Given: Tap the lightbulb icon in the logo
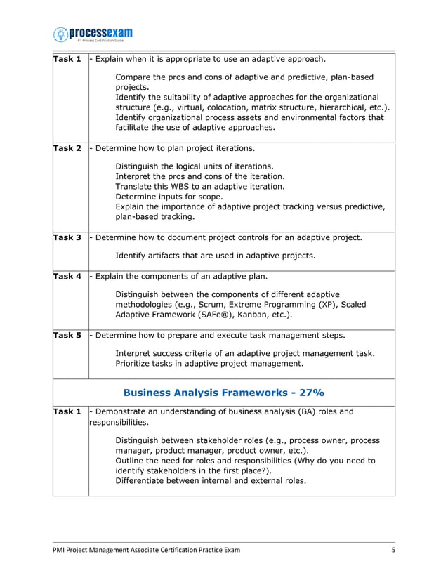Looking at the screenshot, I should pyautogui.click(x=61, y=34).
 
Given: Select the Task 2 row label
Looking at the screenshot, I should pyautogui.click(x=68, y=149).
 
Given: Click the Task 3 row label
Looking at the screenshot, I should pyautogui.click(x=68, y=238).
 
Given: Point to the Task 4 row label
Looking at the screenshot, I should pyautogui.click(x=68, y=277).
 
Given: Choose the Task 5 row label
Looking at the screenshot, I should pyautogui.click(x=68, y=336).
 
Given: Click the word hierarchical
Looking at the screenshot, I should pyautogui.click(x=338, y=107).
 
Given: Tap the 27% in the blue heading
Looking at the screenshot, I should pyautogui.click(x=310, y=393).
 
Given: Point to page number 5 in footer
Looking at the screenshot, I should pyautogui.click(x=393, y=550).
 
